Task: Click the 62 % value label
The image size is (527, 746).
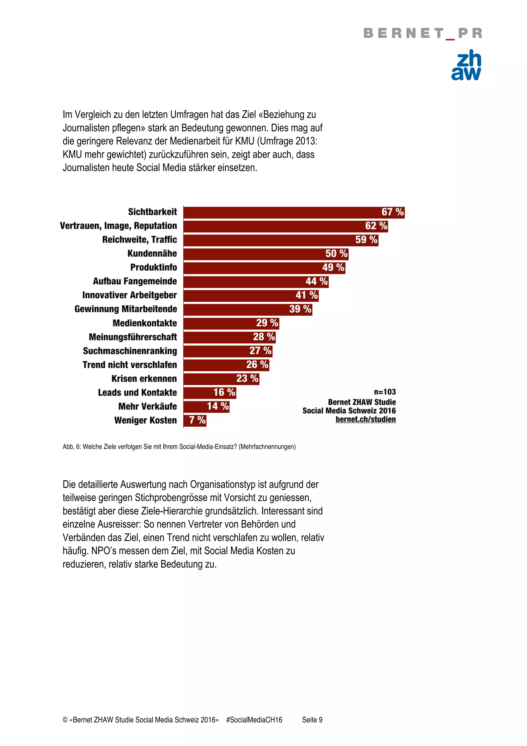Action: (376, 226)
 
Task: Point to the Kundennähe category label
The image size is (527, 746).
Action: (152, 254)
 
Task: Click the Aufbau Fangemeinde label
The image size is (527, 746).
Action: (135, 281)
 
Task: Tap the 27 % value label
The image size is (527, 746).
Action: (260, 351)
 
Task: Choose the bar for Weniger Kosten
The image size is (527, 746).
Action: (195, 420)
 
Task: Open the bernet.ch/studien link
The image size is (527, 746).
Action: (366, 419)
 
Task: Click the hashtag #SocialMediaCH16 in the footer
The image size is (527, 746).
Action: (254, 720)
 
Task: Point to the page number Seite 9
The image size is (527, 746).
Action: (312, 720)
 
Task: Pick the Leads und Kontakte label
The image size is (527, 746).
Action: (137, 393)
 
